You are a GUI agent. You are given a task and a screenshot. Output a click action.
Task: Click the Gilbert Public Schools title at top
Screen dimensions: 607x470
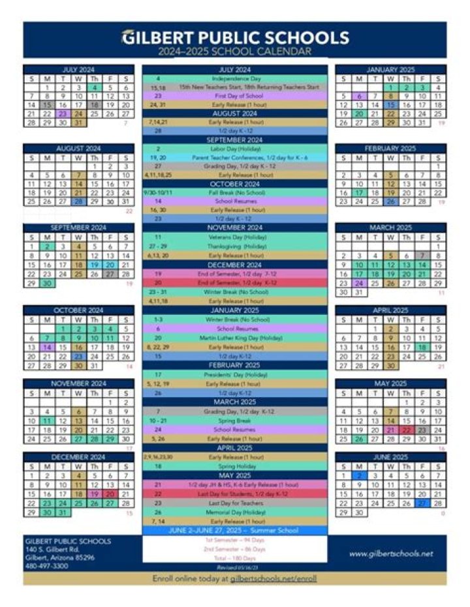pyautogui.click(x=235, y=37)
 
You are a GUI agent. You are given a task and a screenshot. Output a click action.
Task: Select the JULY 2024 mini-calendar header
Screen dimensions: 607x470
pyautogui.click(x=78, y=69)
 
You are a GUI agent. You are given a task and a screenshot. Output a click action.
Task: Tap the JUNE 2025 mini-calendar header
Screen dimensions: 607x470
pyautogui.click(x=390, y=458)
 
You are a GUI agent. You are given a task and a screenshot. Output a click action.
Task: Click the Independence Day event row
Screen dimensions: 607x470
pyautogui.click(x=235, y=78)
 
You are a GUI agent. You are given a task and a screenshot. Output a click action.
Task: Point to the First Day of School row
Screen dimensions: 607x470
pyautogui.click(x=235, y=95)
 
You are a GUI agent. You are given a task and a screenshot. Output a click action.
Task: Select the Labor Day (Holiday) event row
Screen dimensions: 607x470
pyautogui.click(x=235, y=149)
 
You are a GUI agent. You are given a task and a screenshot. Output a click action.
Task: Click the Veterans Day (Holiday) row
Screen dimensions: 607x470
pyautogui.click(x=235, y=237)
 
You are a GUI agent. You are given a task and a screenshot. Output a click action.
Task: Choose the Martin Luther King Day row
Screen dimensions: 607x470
pyautogui.click(x=235, y=338)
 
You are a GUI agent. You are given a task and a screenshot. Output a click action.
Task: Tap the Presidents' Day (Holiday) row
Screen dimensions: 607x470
pyautogui.click(x=235, y=374)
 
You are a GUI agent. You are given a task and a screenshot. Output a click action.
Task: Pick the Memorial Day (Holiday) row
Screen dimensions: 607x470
pyautogui.click(x=235, y=512)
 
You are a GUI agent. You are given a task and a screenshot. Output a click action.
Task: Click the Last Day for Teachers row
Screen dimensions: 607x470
pyautogui.click(x=235, y=503)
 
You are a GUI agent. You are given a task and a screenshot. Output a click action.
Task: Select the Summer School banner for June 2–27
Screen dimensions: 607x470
pyautogui.click(x=235, y=531)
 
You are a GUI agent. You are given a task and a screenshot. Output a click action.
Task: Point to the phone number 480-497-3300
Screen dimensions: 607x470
pyautogui.click(x=46, y=566)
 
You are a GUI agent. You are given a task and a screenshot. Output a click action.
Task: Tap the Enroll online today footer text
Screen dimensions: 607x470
pyautogui.click(x=235, y=578)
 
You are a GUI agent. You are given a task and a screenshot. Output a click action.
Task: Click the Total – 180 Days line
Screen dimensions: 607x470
pyautogui.click(x=235, y=559)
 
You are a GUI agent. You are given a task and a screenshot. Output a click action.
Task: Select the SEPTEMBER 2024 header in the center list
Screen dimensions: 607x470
pyautogui.click(x=235, y=140)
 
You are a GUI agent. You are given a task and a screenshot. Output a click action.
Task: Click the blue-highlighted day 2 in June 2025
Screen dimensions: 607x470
pyautogui.click(x=358, y=477)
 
